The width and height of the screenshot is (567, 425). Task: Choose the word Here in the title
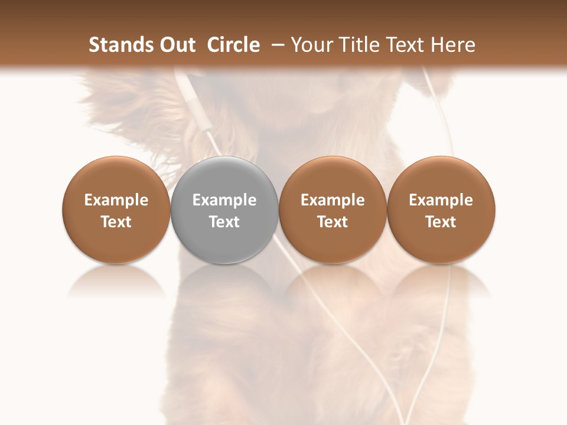(x=453, y=45)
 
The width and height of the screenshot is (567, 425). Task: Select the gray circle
(x=224, y=210)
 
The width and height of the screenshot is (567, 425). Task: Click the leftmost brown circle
(x=116, y=210)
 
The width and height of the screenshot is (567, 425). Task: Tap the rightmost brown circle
(x=441, y=210)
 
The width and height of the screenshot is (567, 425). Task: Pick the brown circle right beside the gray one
(x=333, y=210)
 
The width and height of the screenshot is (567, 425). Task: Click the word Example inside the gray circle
(x=224, y=200)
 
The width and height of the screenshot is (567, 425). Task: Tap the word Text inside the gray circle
(x=224, y=222)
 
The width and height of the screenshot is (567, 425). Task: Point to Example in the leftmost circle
(x=116, y=200)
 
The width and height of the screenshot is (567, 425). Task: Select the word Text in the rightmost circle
(x=441, y=222)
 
